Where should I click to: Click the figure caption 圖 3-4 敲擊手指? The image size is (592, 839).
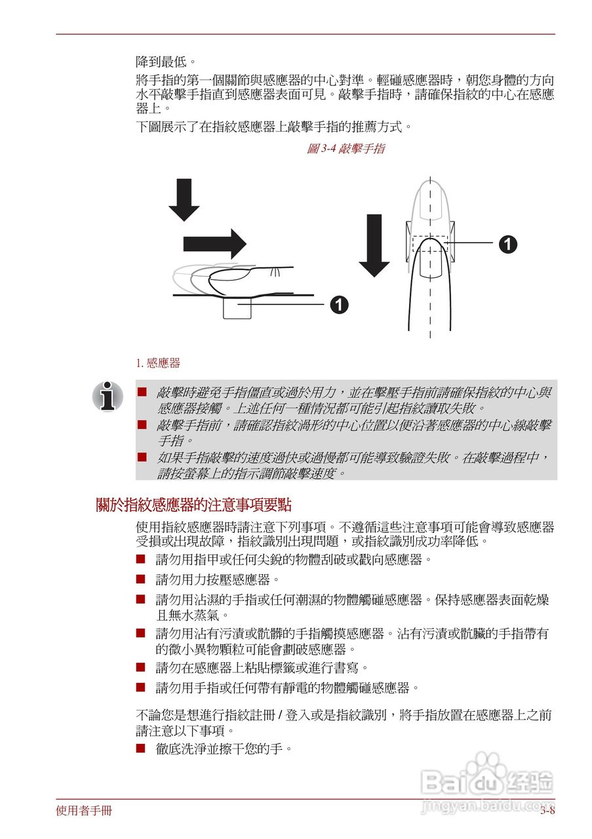point(345,149)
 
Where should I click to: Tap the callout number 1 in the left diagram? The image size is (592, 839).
point(339,305)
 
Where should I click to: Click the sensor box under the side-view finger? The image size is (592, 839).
point(237,308)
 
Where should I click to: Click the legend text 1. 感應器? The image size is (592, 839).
point(158,363)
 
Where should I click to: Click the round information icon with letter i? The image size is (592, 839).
point(108,396)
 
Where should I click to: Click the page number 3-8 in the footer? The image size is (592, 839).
point(547,811)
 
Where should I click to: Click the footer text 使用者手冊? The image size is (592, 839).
point(84,811)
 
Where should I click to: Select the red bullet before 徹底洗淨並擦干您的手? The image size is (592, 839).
point(140,748)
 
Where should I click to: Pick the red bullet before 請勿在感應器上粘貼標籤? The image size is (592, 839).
point(140,667)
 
